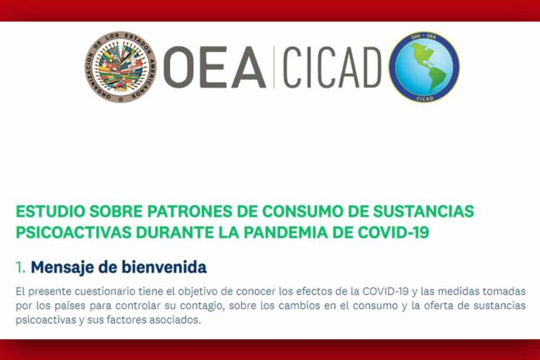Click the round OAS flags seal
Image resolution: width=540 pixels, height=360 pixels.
pos(120,67)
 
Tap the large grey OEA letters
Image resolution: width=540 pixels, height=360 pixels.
pos(215,67)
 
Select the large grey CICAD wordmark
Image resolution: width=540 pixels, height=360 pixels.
pos(332,67)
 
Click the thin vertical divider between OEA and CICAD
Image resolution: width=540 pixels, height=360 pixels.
pos(274,67)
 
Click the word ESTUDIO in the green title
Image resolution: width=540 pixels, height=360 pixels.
pos(50,212)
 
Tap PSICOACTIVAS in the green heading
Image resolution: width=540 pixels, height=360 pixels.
pos(74,232)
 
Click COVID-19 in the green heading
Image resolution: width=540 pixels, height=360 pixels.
pos(393,232)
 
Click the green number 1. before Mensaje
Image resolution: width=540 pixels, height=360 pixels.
pos(21,268)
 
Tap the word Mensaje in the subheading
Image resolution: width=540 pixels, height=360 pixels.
pos(62,268)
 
